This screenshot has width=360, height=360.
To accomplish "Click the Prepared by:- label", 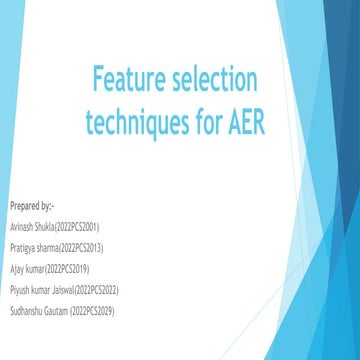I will point(30,206).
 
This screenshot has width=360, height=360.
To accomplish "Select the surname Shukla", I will point(44,227).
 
